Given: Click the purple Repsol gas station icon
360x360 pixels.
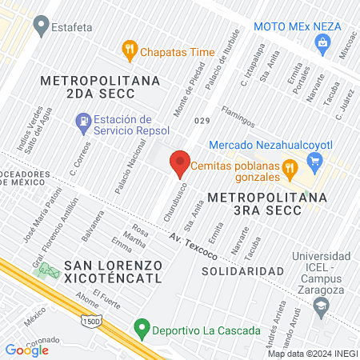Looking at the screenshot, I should (x=82, y=122).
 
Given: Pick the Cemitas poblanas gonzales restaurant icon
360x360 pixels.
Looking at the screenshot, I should (x=291, y=168).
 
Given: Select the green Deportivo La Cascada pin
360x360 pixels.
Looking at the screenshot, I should (x=142, y=327).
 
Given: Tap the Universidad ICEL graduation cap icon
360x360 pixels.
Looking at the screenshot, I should (x=322, y=305).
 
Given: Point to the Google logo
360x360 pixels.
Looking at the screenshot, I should (x=26, y=350).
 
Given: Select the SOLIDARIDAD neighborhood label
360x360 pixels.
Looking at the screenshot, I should (x=242, y=271).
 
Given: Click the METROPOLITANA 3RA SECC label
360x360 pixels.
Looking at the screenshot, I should (x=266, y=202).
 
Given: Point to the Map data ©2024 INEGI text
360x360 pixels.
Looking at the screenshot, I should (x=312, y=354).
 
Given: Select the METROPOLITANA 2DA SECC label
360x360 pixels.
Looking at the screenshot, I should (x=100, y=88).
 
